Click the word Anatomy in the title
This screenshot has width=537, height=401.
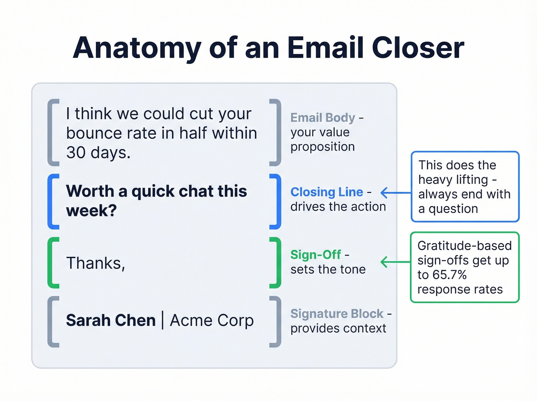[x=137, y=48]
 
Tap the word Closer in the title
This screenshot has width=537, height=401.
[x=418, y=48]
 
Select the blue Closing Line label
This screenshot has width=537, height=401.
[x=326, y=192]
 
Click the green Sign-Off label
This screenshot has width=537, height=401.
[x=315, y=255]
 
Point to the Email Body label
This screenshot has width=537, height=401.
[x=323, y=117]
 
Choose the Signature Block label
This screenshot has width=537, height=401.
[x=337, y=314]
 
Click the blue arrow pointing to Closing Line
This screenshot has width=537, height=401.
[x=395, y=193]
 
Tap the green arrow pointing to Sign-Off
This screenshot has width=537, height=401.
[x=395, y=262]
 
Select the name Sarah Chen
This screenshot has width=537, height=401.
[x=110, y=320]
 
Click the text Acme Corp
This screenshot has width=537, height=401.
[x=212, y=320]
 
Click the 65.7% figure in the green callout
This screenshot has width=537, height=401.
[x=449, y=275]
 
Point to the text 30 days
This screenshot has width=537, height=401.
[x=98, y=153]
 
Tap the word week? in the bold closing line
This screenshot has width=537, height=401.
[x=91, y=211]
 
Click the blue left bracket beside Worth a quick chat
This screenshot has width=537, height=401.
[x=53, y=201]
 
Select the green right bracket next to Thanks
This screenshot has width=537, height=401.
[x=275, y=262]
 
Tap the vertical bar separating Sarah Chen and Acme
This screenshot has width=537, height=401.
[x=163, y=320]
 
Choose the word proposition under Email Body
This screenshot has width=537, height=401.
[x=322, y=147]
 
